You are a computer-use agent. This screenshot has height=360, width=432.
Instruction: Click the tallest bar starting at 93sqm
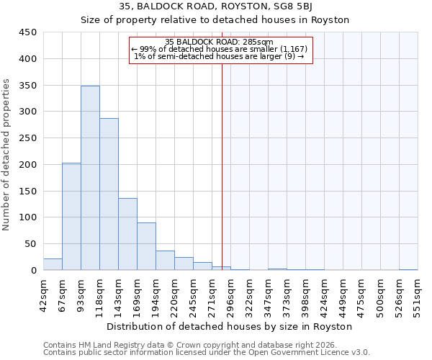(90, 178)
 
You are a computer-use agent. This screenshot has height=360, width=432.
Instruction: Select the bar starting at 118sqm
(109, 194)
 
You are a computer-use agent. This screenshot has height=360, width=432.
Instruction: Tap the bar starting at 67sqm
(71, 216)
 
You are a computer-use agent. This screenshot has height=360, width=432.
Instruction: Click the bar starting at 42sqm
(53, 264)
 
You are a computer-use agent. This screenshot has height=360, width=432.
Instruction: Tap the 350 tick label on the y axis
(27, 85)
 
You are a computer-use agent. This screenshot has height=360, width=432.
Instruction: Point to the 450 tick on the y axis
(27, 32)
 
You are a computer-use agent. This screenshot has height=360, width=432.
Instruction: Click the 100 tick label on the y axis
(27, 217)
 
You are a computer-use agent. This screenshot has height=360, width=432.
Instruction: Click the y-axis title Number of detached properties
(7, 151)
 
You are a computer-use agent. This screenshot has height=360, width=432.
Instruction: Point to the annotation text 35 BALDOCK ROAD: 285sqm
(219, 42)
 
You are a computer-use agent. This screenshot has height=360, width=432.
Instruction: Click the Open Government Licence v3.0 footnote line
(207, 352)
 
